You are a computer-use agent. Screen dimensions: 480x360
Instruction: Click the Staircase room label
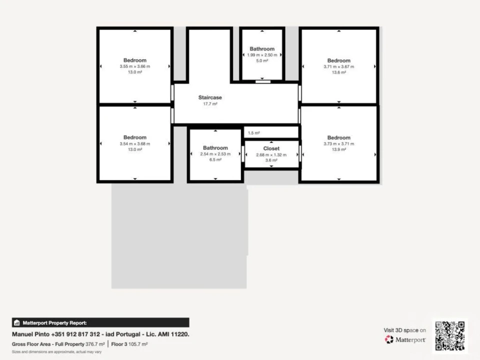coord(210,97)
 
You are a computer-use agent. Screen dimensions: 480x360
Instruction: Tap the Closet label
coord(271,148)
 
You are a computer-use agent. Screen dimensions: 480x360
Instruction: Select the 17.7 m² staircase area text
coord(210,104)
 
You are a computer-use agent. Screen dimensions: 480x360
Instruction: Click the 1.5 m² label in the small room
coord(254,133)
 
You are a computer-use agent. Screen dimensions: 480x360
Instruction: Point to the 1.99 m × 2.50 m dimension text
coord(262,55)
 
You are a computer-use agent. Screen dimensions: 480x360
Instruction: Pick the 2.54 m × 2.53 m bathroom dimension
coord(215,154)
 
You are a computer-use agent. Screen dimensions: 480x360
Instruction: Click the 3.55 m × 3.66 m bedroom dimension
coord(135,66)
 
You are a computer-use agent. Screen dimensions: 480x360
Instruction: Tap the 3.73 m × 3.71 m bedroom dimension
coord(339,144)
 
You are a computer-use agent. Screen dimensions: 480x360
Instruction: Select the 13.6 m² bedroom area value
coord(339,72)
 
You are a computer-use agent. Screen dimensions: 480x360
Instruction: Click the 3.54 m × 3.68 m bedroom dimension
coord(135,144)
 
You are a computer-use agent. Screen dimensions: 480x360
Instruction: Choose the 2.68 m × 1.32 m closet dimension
coord(271,155)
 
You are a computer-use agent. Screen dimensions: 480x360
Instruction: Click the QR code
coord(450,336)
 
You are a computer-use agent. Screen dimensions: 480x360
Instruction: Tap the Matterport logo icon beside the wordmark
coord(389,339)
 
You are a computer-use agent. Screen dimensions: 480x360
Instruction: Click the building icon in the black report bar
coord(17,322)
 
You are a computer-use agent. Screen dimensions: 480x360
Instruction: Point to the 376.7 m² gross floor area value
coord(95,344)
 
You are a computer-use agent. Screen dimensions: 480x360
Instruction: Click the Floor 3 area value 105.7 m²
coord(138,344)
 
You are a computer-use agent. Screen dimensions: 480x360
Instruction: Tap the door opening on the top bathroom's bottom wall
coord(263,81)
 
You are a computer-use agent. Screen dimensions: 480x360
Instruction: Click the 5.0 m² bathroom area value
coord(262,61)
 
